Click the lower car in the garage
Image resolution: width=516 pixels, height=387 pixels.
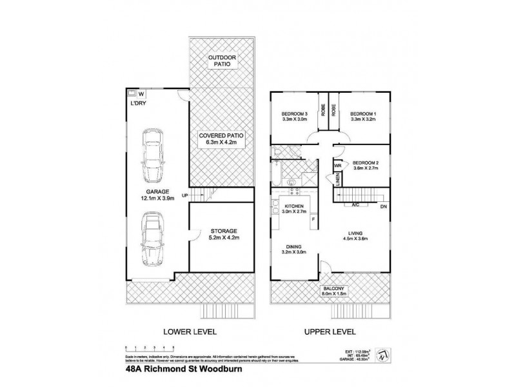(152, 238)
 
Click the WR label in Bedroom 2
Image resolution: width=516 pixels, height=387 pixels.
(337, 166)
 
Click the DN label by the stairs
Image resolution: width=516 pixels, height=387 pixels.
(382, 206)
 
